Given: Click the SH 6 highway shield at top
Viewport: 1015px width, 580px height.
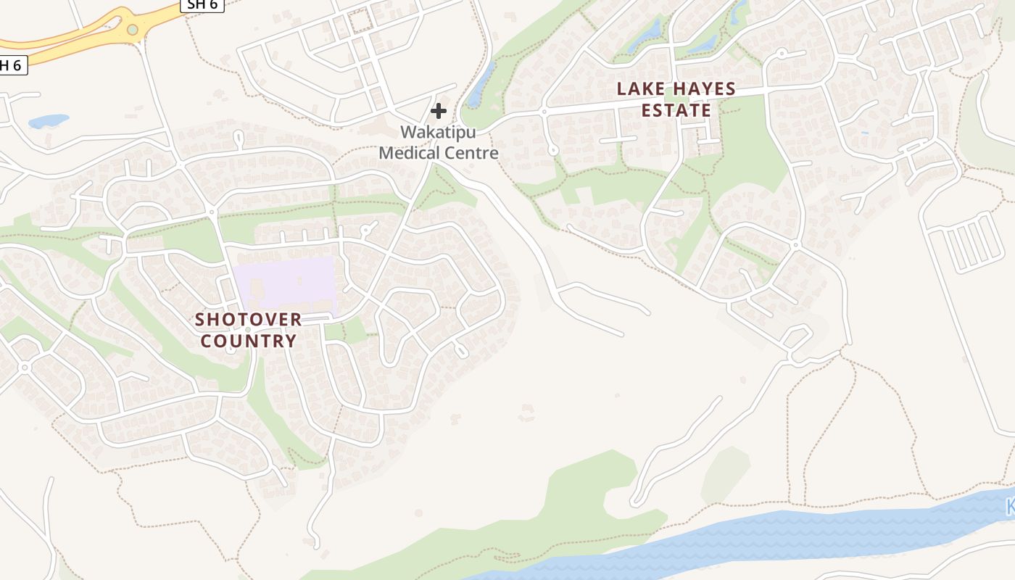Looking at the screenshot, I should tap(202, 4).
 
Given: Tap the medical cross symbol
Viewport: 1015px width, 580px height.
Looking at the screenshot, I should tap(439, 111).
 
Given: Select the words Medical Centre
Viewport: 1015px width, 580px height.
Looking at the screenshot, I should tap(439, 153).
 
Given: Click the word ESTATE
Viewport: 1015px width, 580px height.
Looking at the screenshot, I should tap(676, 110).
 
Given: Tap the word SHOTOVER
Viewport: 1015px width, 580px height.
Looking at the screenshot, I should tap(248, 320).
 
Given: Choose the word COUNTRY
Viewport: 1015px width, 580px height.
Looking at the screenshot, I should tap(248, 341).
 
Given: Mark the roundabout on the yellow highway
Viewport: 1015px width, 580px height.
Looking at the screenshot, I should tap(132, 30).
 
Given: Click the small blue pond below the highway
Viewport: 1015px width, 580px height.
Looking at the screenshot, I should tap(49, 120).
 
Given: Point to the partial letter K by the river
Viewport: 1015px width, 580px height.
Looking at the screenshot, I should tap(1010, 507).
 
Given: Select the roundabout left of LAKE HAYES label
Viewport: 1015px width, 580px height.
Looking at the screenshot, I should tap(543, 111).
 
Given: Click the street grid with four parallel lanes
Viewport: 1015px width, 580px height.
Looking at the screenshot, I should tap(964, 243).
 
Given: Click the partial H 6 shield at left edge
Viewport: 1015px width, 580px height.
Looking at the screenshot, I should tap(12, 65).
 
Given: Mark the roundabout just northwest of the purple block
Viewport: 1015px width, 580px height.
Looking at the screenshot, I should tap(212, 212).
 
